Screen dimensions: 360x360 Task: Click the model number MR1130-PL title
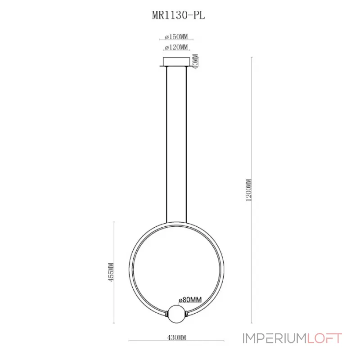180,15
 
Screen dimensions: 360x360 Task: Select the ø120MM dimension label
176,47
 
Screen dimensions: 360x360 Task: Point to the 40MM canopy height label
195,61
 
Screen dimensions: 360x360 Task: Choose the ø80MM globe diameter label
189,299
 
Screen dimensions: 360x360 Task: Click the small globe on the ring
176,313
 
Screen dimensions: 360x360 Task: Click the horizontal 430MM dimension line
148,341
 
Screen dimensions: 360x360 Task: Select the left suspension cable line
166,144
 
